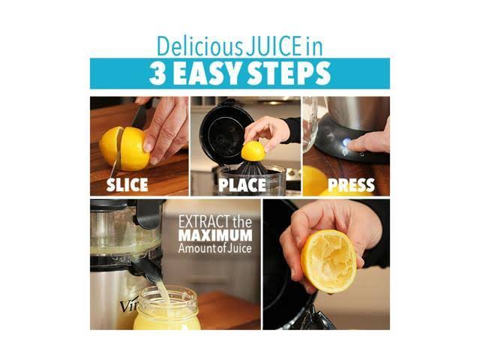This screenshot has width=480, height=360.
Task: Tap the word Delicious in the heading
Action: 199,46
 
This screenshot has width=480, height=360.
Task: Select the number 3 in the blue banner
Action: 158,73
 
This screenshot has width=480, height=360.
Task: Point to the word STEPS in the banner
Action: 289,73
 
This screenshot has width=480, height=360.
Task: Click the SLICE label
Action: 127,184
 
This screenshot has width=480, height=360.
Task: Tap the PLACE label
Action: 242,184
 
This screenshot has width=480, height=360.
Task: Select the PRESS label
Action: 351,185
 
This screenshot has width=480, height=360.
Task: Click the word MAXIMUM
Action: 215,235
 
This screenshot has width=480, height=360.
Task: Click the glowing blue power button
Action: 346,142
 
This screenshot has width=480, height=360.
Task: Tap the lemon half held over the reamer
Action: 253,151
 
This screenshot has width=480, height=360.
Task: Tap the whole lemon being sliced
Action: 125,148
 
